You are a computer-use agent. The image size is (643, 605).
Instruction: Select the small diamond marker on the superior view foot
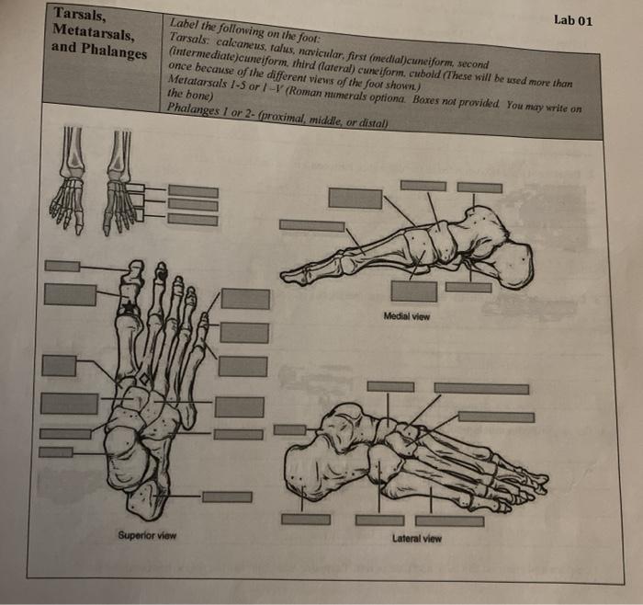pos(141,378)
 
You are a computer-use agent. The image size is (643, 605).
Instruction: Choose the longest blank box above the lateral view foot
pos(480,389)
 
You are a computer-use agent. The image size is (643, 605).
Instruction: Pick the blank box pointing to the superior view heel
pos(227,497)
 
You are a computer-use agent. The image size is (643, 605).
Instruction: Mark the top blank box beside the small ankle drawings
pos(192,191)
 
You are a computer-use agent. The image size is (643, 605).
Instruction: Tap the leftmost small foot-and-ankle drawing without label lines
pos(69,184)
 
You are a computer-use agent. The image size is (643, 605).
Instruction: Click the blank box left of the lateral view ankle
pos(289,429)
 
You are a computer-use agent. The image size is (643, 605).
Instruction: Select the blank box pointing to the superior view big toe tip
pos(62,267)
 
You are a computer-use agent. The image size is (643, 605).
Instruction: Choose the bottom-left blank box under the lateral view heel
pos(305,519)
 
